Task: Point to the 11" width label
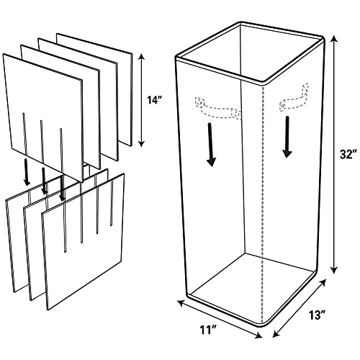click(208, 329)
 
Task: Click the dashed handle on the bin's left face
click(218, 109)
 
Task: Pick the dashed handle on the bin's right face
click(294, 99)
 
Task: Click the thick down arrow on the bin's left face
click(211, 145)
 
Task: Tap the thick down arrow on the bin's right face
click(287, 137)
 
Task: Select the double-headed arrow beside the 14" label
click(142, 100)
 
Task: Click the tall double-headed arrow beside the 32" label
click(333, 155)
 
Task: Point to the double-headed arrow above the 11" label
click(220, 319)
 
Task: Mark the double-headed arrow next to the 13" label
click(300, 308)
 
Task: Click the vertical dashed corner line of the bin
click(264, 204)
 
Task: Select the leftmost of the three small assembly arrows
click(26, 172)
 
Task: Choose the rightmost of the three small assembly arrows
click(62, 188)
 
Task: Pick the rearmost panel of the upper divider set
click(94, 89)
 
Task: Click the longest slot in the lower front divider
click(65, 227)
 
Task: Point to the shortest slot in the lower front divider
click(111, 202)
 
